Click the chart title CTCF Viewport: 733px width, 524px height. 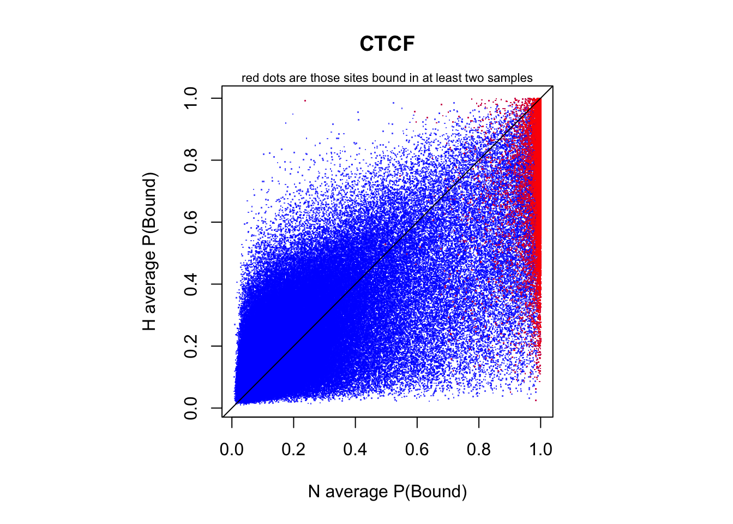pos(387,44)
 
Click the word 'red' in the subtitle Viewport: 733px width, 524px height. pos(250,78)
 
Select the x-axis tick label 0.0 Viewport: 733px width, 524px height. pos(232,450)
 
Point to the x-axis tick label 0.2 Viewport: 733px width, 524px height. pos(293,450)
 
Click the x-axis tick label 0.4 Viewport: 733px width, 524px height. pos(355,450)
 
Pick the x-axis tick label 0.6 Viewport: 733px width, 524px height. pos(417,450)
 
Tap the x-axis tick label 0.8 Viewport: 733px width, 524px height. pos(479,450)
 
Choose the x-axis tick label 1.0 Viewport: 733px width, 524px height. pos(540,450)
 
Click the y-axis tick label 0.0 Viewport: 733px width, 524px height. pos(191,408)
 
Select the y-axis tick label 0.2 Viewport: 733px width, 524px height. pos(191,346)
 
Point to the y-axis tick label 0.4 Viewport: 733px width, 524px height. pos(191,284)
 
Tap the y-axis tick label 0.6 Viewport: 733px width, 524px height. pos(191,222)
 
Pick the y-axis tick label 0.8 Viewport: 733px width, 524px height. pos(191,160)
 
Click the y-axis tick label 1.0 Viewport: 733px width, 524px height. pos(191,98)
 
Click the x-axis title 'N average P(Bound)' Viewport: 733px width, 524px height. pos(387,492)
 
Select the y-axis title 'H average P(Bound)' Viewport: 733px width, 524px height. pos(149,252)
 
